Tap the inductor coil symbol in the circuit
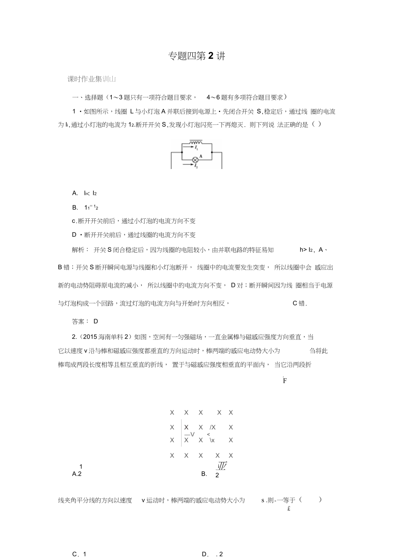point(196,142)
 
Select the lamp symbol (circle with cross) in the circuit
point(195,160)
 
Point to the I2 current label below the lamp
point(196,165)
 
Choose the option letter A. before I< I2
point(75,193)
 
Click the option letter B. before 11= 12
point(75,208)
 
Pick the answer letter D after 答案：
point(96,321)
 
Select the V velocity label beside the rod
point(192,434)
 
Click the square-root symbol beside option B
point(222,467)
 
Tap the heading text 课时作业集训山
point(92,79)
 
